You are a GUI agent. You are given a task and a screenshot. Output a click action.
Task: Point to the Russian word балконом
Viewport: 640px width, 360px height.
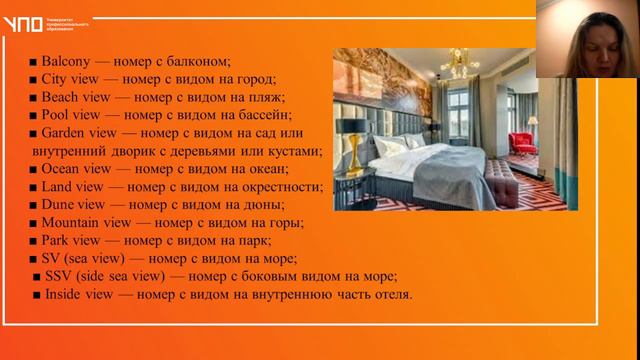[200, 62]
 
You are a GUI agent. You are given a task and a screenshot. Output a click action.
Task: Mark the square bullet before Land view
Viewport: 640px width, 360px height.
[33, 187]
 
